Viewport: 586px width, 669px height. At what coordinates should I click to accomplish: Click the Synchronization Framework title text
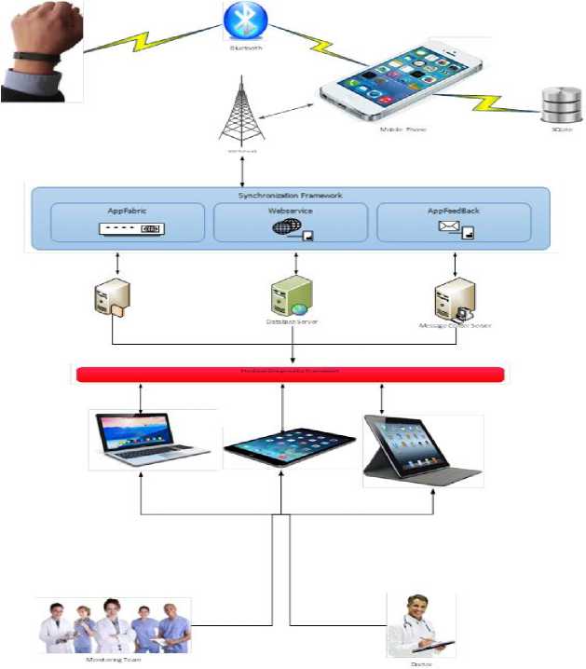coord(292,196)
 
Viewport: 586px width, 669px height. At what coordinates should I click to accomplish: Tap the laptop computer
coord(153,439)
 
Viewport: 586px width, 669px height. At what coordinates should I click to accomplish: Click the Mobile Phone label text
coord(402,130)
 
